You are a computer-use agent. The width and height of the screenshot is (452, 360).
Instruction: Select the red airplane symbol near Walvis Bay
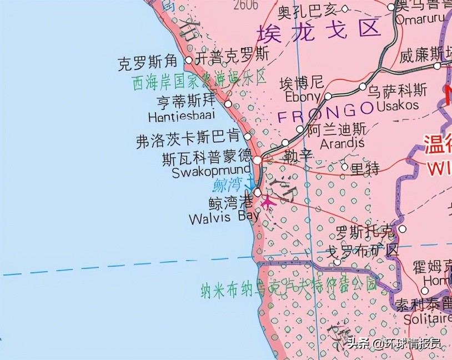point(268,203)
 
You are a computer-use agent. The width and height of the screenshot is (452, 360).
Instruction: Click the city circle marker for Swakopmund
point(258,160)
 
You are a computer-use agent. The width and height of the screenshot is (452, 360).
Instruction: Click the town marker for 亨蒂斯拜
point(228,104)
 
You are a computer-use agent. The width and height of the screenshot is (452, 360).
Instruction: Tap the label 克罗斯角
point(148,63)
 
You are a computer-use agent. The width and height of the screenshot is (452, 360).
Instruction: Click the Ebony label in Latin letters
point(303,97)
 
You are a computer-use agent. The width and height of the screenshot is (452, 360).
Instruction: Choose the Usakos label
point(398,105)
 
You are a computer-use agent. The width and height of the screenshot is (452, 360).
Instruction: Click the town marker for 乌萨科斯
point(363,87)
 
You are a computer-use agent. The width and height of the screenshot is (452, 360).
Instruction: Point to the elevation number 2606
point(246,6)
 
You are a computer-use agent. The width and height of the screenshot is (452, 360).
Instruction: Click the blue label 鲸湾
point(228,185)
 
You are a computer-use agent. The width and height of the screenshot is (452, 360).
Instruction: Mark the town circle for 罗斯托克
point(403,229)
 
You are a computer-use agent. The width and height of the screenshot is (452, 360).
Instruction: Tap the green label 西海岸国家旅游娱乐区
point(200,81)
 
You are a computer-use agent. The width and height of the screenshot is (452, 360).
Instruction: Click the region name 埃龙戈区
point(319,29)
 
